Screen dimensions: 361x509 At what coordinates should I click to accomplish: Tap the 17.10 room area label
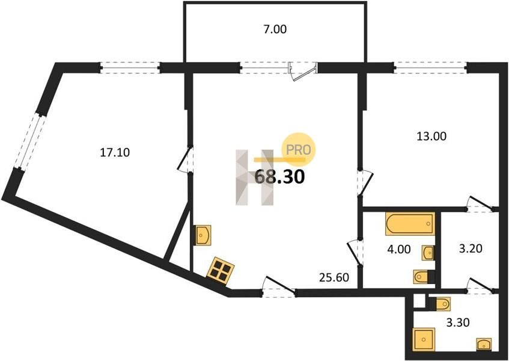pos(115,153)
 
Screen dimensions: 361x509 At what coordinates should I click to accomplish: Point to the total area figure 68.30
pos(279,177)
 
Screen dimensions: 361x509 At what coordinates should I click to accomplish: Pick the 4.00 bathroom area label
pos(398,248)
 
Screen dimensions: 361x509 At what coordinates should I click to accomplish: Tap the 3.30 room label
pos(458,322)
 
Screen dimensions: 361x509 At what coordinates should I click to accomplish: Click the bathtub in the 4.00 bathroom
pos(409,224)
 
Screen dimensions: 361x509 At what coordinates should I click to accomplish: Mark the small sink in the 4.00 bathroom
pos(428,252)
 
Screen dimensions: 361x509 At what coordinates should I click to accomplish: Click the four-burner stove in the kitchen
pos(221,270)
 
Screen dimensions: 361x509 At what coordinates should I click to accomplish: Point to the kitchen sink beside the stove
pos(202,235)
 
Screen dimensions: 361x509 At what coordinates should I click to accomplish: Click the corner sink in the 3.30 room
pos(484,344)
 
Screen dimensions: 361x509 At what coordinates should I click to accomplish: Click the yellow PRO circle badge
pos(299,149)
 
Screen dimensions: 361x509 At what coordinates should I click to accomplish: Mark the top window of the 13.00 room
pos(430,67)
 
